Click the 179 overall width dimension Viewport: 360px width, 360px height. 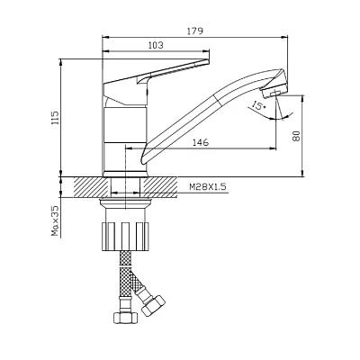point(195,31)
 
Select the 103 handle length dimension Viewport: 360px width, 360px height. point(156,45)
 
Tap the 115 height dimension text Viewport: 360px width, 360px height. point(55,120)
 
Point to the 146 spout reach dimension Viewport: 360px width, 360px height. point(201,142)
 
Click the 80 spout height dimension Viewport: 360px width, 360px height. point(296,136)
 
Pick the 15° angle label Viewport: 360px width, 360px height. point(259,105)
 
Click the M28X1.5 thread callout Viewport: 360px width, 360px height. point(207,187)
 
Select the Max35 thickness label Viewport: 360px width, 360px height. point(55,220)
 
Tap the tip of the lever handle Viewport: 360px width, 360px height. point(208,61)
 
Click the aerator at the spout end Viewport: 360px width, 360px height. point(274,92)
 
